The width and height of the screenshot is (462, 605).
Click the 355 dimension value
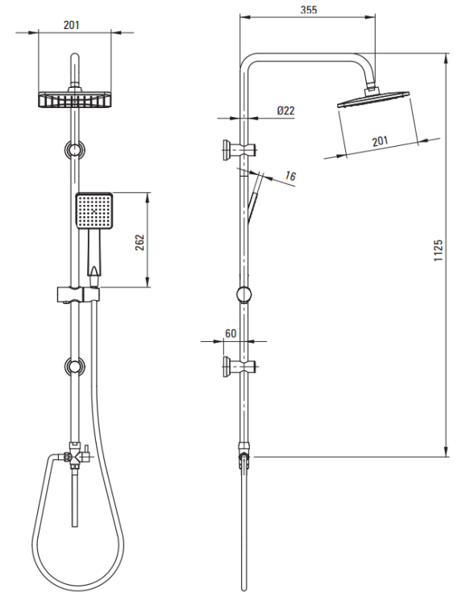pos(309,10)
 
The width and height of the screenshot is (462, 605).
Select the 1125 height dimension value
pos(438,250)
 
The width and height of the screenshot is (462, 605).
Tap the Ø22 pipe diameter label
pos(285,111)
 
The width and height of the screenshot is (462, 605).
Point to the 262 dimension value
pos(139,242)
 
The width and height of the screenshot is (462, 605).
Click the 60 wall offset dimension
pos(231,333)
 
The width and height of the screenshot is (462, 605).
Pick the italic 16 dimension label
pos(290,176)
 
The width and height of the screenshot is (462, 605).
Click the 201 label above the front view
pos(71,25)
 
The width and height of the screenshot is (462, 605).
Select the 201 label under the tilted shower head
pos(380,141)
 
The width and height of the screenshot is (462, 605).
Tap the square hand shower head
pos(94,211)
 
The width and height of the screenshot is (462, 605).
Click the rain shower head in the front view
pos(75,99)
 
